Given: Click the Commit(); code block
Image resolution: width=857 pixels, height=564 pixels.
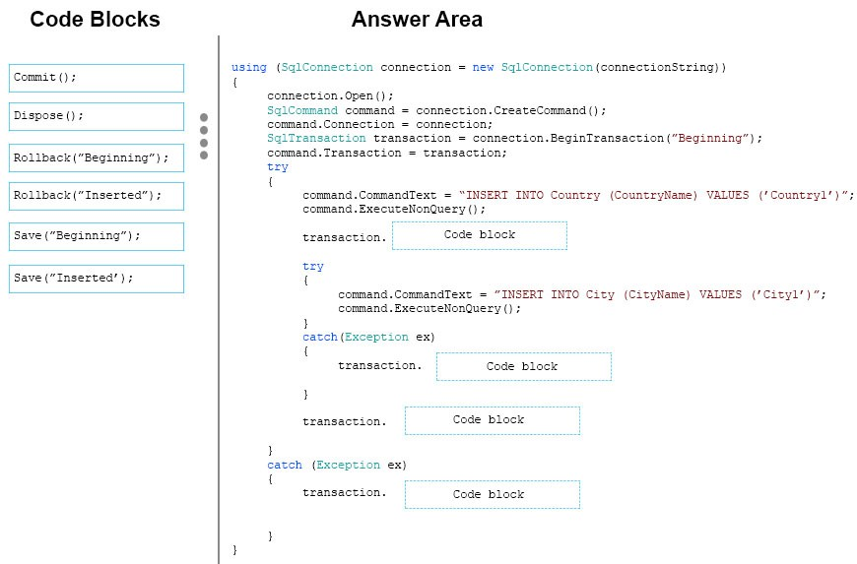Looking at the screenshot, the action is pos(97,78).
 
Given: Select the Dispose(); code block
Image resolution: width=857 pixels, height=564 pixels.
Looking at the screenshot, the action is pos(97,116).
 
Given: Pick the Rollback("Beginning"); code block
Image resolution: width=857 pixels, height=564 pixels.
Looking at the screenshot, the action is pos(97,157).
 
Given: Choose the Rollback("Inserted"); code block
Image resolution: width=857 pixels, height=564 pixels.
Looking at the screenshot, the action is pos(97,196).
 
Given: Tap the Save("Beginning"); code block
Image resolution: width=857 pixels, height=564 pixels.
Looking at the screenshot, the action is pos(97,236).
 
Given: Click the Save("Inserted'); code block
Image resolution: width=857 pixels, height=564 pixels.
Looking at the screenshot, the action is pos(97,279).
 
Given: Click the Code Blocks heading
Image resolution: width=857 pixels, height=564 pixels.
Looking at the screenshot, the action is pos(95,19).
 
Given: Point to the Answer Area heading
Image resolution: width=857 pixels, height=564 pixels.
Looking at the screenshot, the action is pos(417,19).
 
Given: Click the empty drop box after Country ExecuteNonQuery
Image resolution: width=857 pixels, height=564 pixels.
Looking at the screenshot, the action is pos(480,235).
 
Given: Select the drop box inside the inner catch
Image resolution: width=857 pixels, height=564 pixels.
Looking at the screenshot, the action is pos(524,366).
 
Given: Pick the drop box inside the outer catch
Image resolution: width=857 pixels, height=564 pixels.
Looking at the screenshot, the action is pos(492,495).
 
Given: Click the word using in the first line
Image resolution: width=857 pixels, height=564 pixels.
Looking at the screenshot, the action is pos(248,67).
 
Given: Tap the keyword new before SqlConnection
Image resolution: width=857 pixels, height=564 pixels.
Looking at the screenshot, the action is pos(483,67).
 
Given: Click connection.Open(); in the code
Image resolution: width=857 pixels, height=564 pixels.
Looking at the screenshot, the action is pos(330,96).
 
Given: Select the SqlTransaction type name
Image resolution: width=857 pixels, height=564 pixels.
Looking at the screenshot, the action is pos(316,138).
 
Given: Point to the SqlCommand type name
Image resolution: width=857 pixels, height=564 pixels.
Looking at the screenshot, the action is pos(302,110).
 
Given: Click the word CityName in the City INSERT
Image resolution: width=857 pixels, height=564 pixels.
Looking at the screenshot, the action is pos(656,294).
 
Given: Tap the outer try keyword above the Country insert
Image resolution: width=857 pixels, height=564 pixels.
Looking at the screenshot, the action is pos(278,167).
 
